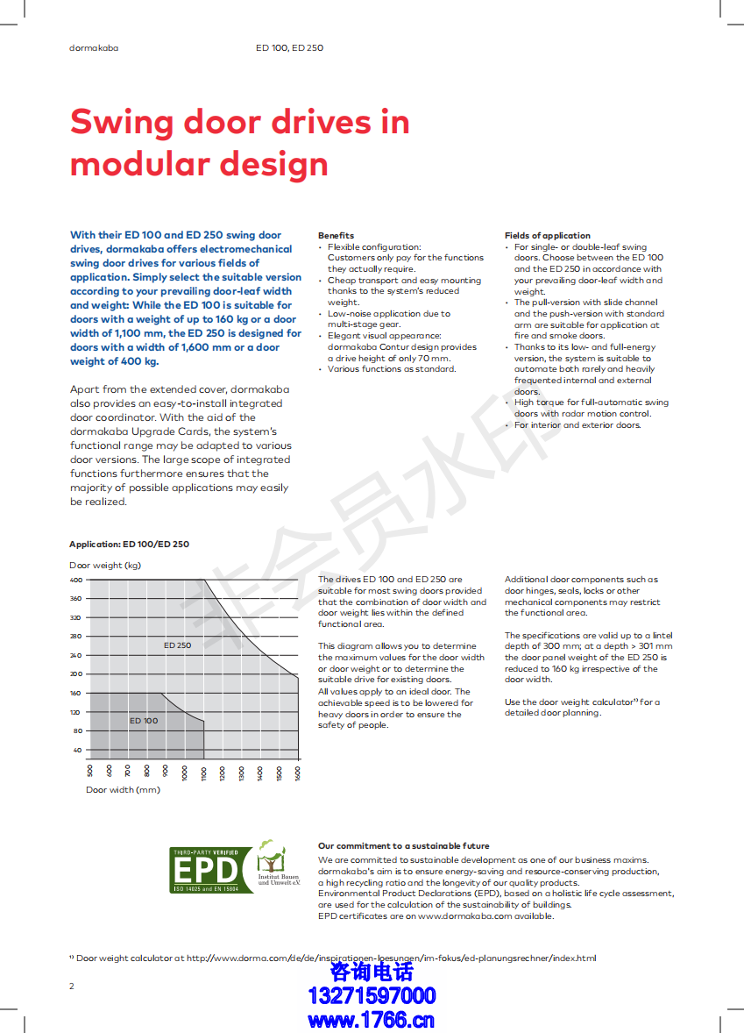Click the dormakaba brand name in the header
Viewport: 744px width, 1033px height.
[x=94, y=47]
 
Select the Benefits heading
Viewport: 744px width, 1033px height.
[x=336, y=235]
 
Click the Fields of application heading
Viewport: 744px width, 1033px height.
[x=547, y=235]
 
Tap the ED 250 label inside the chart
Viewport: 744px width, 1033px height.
[x=177, y=645]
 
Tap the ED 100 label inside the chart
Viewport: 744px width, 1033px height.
[x=144, y=721]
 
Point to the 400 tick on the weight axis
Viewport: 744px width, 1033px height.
[x=75, y=580]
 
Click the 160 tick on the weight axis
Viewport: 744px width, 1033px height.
[x=75, y=693]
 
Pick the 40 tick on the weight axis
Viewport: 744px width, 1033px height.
[x=77, y=750]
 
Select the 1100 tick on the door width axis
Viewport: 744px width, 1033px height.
[x=203, y=773]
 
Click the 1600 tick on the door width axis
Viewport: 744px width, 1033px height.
[x=298, y=773]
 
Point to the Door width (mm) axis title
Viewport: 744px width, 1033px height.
[x=123, y=790]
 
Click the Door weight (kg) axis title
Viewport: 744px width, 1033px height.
[x=105, y=565]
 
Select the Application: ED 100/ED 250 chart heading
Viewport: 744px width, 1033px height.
[x=129, y=545]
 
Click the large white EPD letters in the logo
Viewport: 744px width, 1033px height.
[x=205, y=871]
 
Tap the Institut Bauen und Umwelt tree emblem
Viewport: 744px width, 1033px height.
[x=271, y=855]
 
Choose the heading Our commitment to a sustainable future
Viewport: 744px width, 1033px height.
[x=403, y=846]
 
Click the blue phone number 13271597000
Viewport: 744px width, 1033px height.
[x=372, y=995]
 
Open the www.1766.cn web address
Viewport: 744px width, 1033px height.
[x=372, y=1019]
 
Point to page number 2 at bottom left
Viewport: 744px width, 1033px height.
[x=72, y=986]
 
